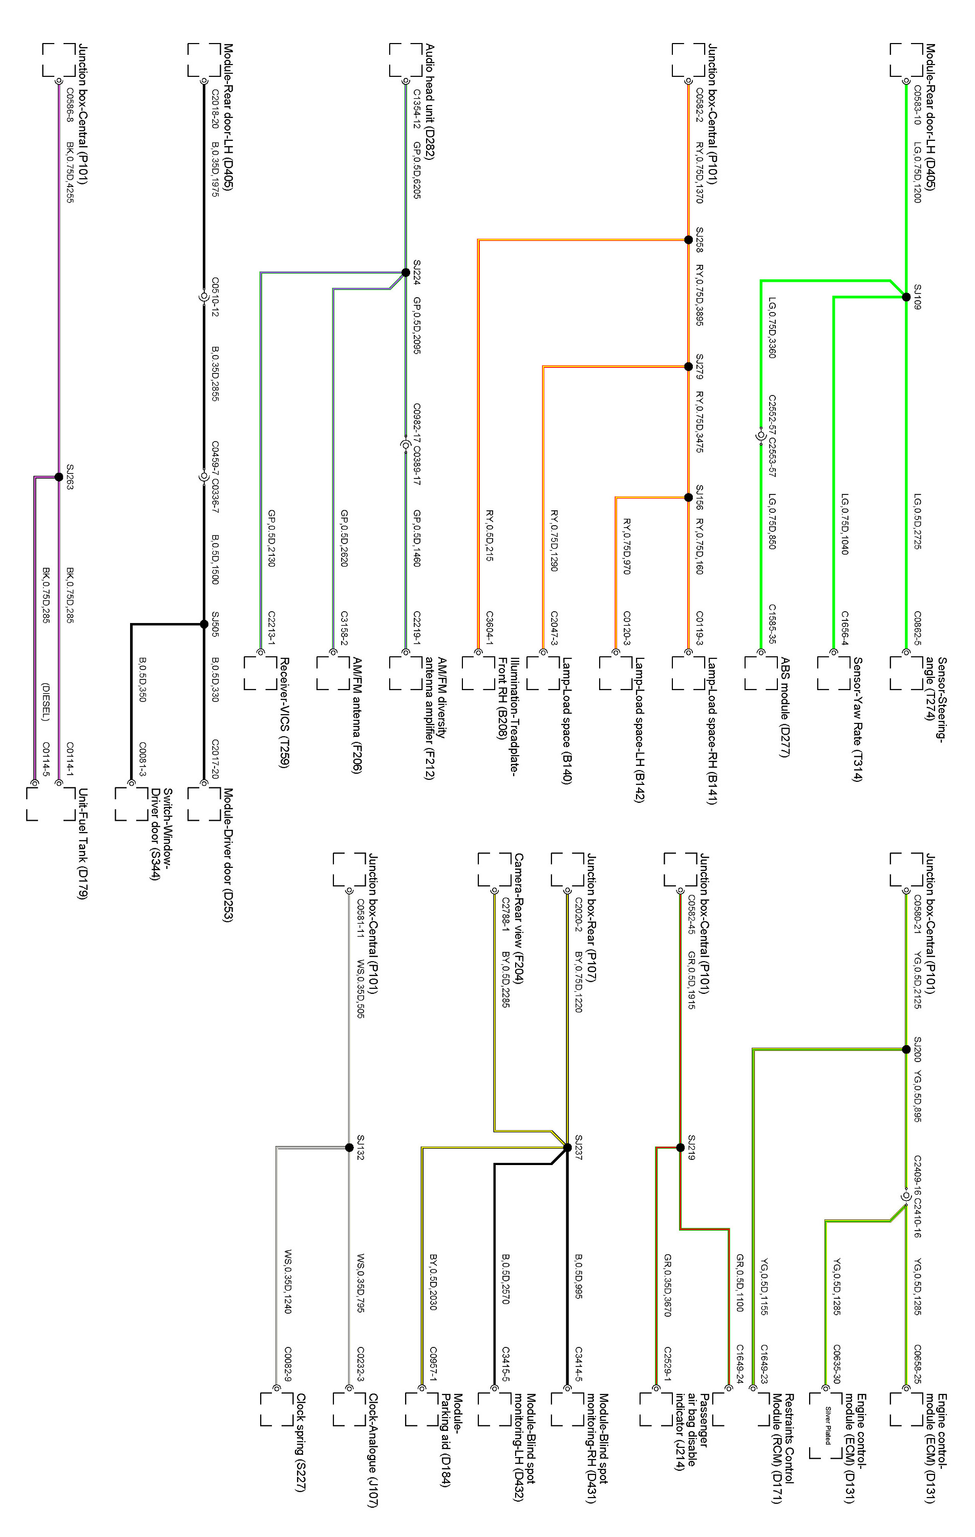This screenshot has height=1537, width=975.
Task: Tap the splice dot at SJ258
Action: coord(688,240)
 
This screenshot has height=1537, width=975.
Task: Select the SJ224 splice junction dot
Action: coord(405,273)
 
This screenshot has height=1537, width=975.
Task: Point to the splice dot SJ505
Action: coord(204,624)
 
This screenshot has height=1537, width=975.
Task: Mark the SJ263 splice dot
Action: coord(59,477)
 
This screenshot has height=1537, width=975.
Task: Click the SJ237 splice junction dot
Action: coord(567,1148)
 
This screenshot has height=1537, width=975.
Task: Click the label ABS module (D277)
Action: coord(785,707)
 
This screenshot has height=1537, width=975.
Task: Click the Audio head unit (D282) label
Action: coord(430,102)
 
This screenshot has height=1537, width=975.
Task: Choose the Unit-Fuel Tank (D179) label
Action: coord(82,843)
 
